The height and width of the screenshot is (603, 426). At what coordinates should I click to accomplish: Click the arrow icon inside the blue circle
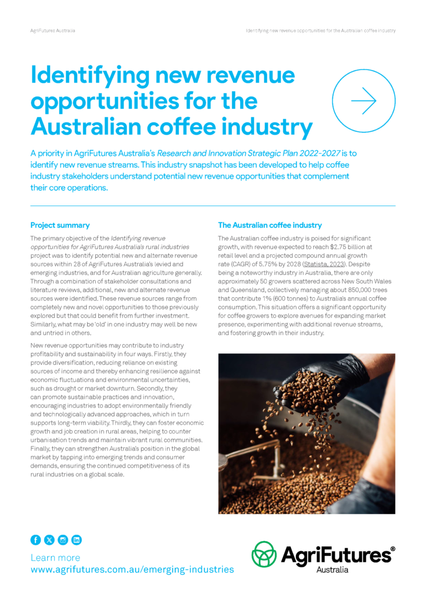click(363, 101)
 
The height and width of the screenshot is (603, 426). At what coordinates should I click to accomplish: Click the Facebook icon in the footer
click(35, 539)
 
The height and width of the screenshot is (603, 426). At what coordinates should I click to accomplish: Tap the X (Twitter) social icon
click(49, 539)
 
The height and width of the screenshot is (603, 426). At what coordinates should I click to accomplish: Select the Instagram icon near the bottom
click(63, 539)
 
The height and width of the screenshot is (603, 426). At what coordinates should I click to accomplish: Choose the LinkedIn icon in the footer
click(76, 539)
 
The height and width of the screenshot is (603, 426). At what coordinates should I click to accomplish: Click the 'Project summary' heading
click(60, 225)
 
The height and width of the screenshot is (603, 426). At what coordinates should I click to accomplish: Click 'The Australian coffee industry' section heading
click(270, 225)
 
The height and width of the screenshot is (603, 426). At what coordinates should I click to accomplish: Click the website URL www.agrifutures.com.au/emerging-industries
click(132, 569)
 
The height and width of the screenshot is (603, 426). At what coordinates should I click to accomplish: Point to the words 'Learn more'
click(55, 557)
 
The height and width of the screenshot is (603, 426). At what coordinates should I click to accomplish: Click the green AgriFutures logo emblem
click(264, 554)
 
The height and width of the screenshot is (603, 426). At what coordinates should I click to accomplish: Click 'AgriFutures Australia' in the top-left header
click(53, 30)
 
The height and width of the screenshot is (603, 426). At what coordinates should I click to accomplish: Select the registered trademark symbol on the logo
click(393, 548)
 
